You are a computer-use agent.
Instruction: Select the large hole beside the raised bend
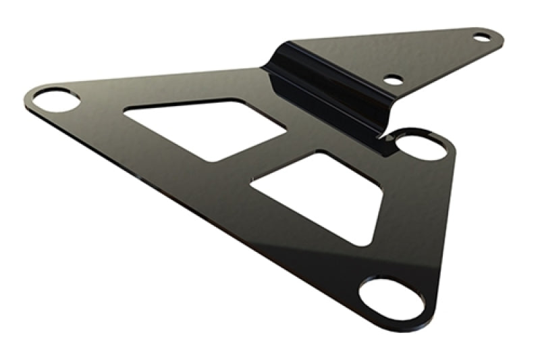tap(421, 145)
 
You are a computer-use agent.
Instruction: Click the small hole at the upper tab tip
tap(482, 37)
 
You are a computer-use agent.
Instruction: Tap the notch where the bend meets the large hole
tap(390, 137)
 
